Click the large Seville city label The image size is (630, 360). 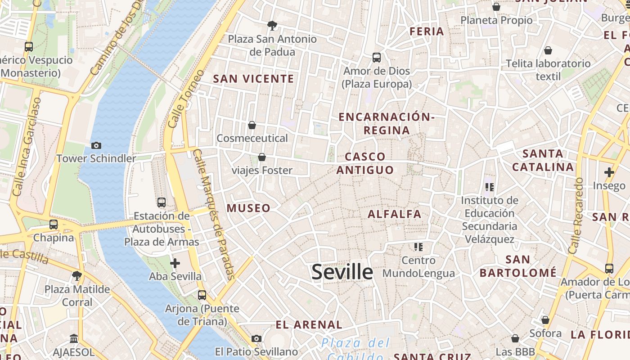pyautogui.click(x=342, y=272)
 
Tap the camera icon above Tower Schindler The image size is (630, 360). pyautogui.click(x=96, y=145)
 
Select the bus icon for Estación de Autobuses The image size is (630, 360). pyautogui.click(x=162, y=202)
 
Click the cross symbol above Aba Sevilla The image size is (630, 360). pyautogui.click(x=175, y=263)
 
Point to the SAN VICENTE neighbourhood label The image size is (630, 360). pyautogui.click(x=253, y=79)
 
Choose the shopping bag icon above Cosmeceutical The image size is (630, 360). pyautogui.click(x=252, y=125)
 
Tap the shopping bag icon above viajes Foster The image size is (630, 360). pyautogui.click(x=262, y=157)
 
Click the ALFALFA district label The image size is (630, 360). pyautogui.click(x=395, y=214)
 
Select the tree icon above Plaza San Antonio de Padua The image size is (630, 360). pyautogui.click(x=272, y=25)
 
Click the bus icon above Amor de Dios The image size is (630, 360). pyautogui.click(x=377, y=58)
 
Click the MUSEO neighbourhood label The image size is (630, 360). pyautogui.click(x=248, y=208)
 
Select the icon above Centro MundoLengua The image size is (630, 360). pyautogui.click(x=418, y=247)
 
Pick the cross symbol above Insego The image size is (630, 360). pyautogui.click(x=609, y=172)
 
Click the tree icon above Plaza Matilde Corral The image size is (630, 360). pyautogui.click(x=77, y=275)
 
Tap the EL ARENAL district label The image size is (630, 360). pyautogui.click(x=309, y=324)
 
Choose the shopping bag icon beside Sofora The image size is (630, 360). pyautogui.click(x=545, y=320)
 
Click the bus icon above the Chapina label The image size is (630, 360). pyautogui.click(x=54, y=224)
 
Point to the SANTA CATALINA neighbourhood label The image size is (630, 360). pyautogui.click(x=543, y=160)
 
